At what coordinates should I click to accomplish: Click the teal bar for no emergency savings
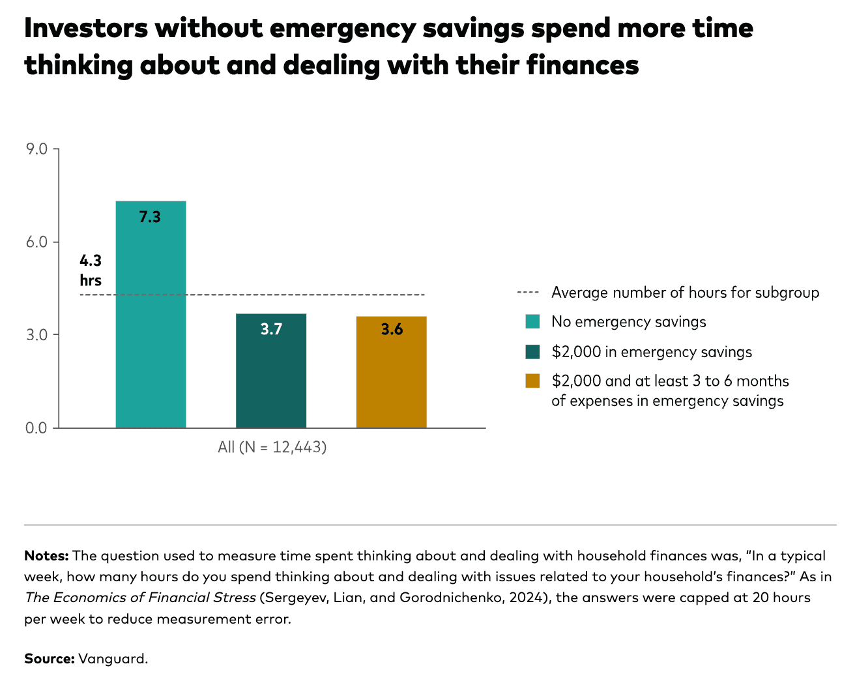pyautogui.click(x=151, y=326)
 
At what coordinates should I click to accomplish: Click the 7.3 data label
pyautogui.click(x=150, y=217)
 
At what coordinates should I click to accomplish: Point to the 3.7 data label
pyautogui.click(x=271, y=329)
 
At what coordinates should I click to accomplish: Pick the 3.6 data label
pyautogui.click(x=392, y=329)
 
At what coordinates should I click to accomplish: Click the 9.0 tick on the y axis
pyautogui.click(x=36, y=149)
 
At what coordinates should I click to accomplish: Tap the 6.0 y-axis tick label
pyautogui.click(x=36, y=242)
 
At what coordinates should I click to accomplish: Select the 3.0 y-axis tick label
pyautogui.click(x=36, y=335)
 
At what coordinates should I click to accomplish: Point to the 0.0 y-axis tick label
pyautogui.click(x=36, y=428)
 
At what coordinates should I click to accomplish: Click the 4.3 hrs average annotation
pyautogui.click(x=91, y=270)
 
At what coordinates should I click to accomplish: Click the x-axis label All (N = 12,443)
pyautogui.click(x=272, y=448)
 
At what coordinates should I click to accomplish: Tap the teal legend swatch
pyautogui.click(x=532, y=322)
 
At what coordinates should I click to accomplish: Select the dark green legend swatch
pyautogui.click(x=532, y=352)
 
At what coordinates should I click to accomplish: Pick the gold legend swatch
pyautogui.click(x=532, y=381)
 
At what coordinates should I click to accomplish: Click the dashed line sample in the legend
pyautogui.click(x=528, y=293)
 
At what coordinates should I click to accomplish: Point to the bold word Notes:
pyautogui.click(x=46, y=556)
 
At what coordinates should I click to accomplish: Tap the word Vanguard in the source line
pyautogui.click(x=113, y=659)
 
